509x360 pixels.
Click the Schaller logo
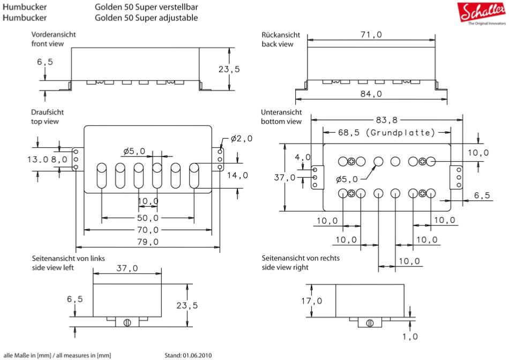482,12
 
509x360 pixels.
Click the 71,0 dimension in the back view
371,34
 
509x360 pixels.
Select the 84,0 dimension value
371,94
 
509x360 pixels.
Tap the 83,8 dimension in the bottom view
387,120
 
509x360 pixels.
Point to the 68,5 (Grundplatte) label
386,132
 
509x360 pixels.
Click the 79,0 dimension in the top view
148,242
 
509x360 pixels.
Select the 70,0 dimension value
148,230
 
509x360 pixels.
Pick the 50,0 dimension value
148,218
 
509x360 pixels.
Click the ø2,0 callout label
242,139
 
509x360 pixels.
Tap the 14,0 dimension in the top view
237,175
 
